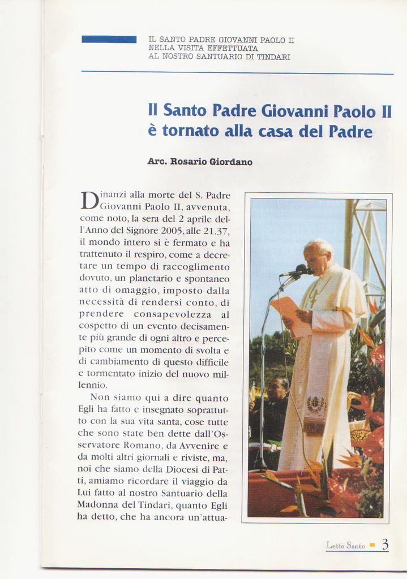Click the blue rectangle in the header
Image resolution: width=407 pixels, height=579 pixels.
[109, 39]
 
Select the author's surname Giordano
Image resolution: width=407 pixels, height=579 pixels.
[231, 162]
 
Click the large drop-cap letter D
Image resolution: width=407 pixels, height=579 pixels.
[89, 201]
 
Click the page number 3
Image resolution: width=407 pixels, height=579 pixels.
[385, 545]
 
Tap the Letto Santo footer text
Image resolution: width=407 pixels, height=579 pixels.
[345, 546]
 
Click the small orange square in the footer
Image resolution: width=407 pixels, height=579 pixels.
[372, 545]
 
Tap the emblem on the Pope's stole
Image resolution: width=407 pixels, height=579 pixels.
[316, 406]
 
